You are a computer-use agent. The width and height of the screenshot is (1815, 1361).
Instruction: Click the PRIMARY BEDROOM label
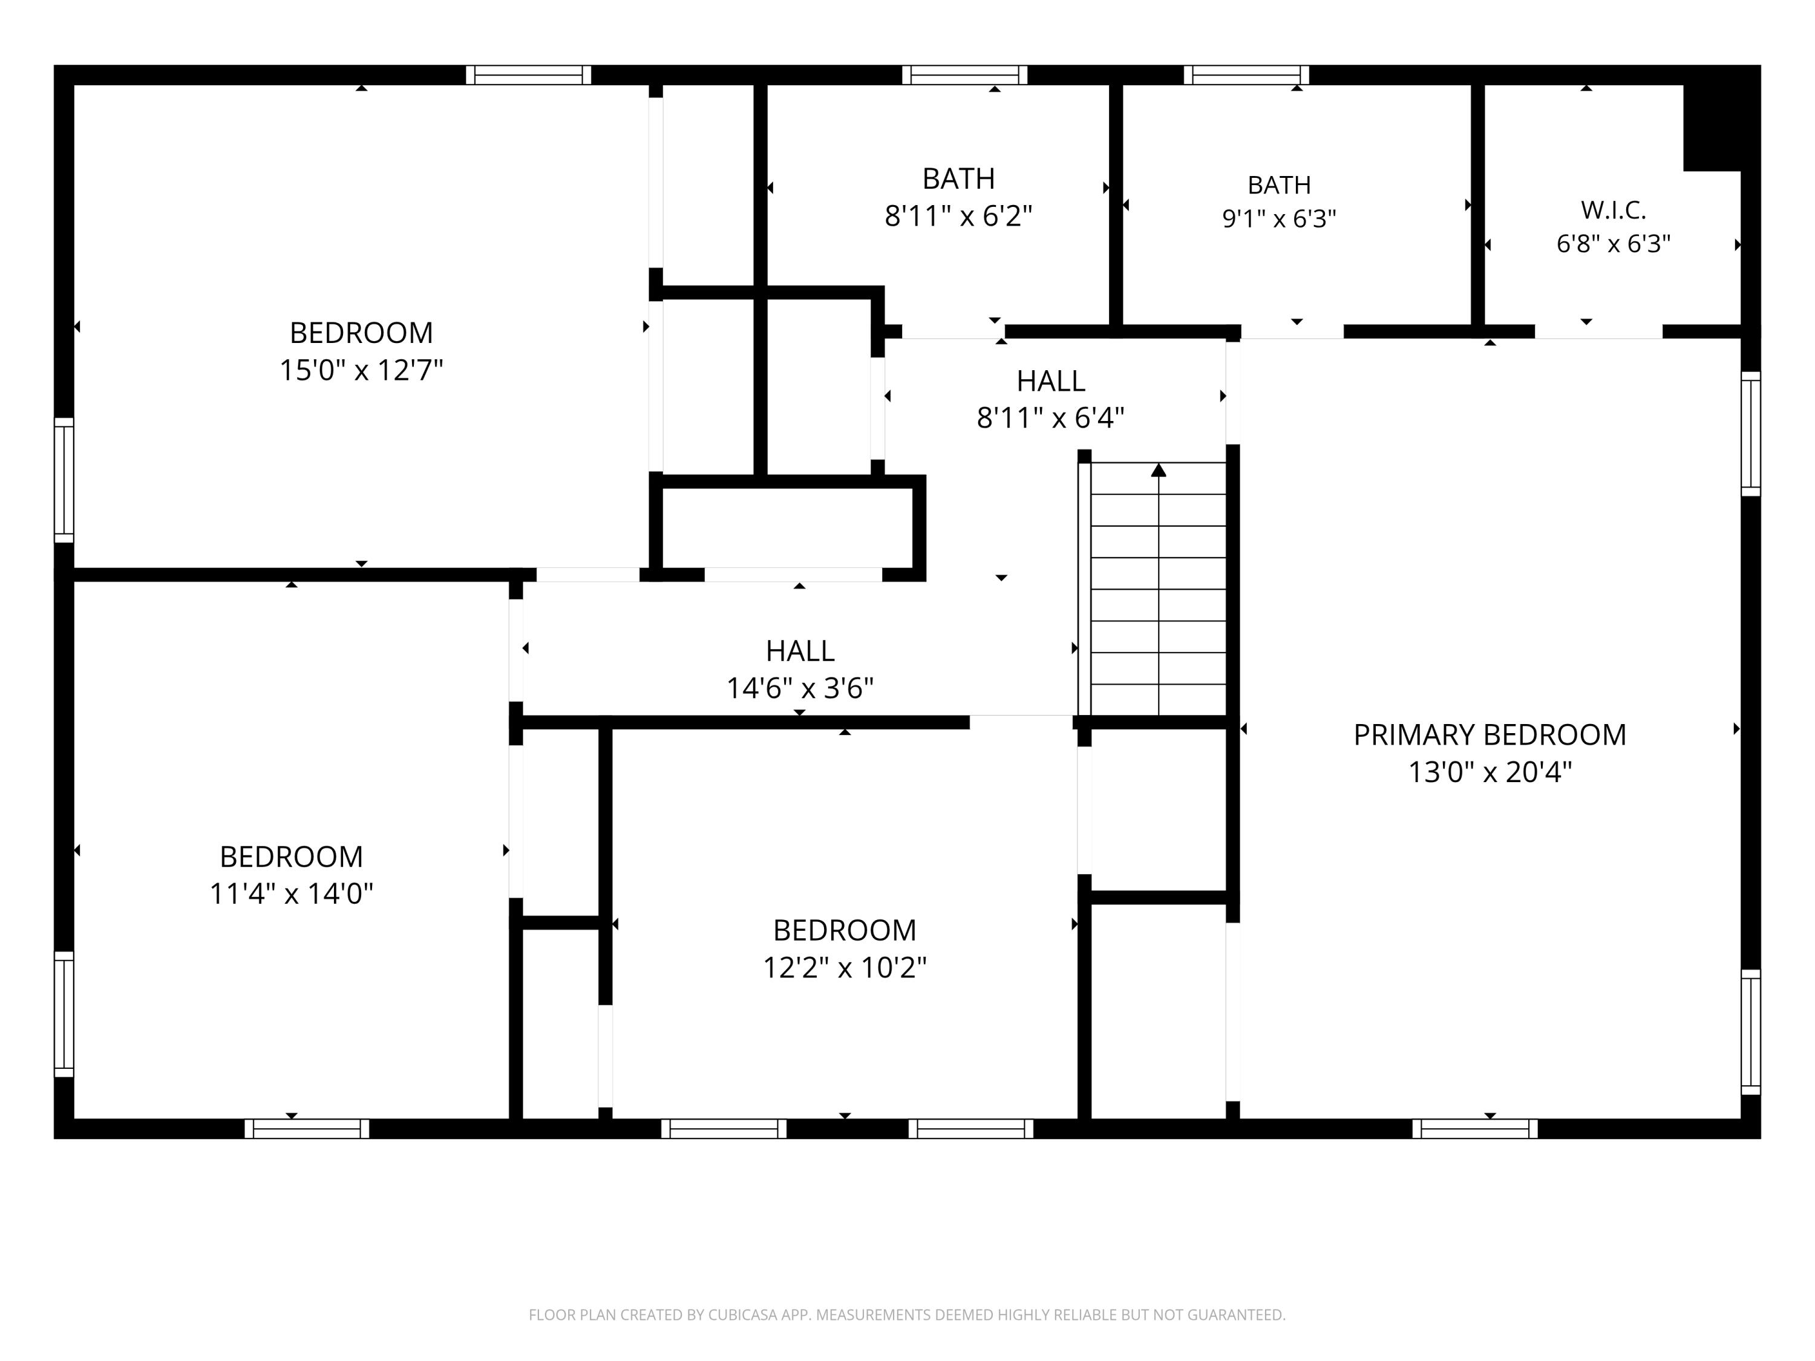coord(1490,735)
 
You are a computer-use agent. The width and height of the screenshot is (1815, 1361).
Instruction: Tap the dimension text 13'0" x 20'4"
coord(1490,772)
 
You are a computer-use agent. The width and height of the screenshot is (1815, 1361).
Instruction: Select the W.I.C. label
coord(1613,210)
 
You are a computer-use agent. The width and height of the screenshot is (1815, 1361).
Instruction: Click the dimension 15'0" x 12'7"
coord(361,370)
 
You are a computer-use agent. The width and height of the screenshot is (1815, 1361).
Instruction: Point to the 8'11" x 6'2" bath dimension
coord(958,216)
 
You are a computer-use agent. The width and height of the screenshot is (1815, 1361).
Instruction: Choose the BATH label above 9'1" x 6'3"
coord(1279,186)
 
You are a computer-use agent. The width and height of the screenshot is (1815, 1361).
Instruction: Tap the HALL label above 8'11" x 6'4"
coord(1051,382)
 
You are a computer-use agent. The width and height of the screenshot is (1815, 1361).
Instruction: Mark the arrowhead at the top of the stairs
coord(1159,470)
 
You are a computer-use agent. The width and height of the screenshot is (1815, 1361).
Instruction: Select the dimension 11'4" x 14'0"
coord(291,893)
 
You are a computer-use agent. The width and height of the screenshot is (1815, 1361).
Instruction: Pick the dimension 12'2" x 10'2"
coord(845,968)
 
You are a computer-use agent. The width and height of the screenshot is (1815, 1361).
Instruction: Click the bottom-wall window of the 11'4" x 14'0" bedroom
coord(307,1129)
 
